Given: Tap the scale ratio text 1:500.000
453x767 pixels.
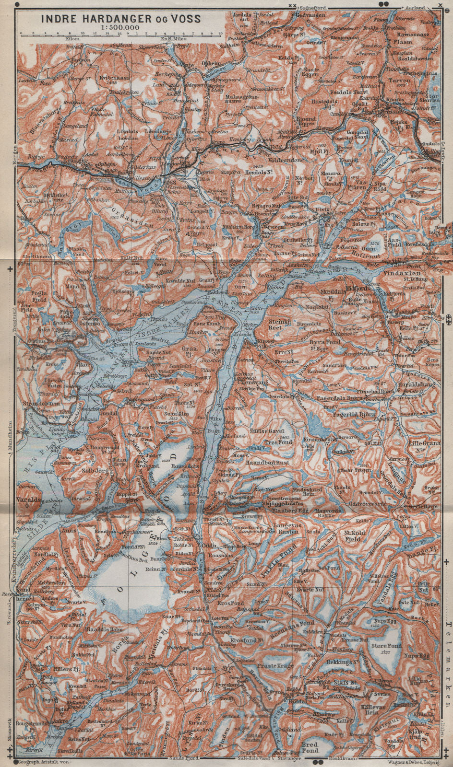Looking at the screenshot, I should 120,27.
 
